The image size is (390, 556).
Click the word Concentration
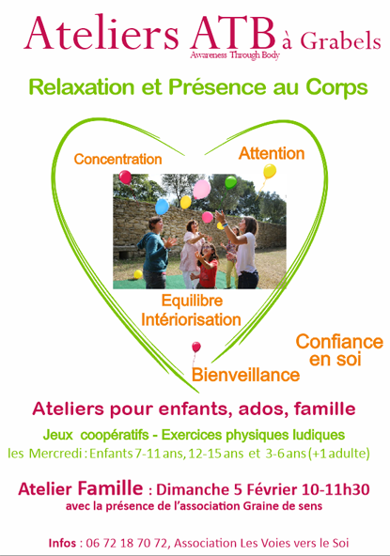coord(117,160)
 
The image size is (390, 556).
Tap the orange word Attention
coord(272,153)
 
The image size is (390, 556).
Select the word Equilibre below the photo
coord(192,301)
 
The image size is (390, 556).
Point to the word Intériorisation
coord(191,319)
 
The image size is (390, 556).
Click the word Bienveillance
coord(245,375)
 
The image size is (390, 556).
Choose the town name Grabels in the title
coord(340,41)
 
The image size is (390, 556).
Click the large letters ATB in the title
coord(233,33)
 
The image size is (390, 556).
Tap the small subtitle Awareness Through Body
coord(235,55)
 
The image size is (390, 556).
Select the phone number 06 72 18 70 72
coord(126,543)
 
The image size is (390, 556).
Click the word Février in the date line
coord(272,489)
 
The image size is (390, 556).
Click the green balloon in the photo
coord(230,182)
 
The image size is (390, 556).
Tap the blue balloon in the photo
coord(162,207)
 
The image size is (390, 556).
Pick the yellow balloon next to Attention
coord(270,171)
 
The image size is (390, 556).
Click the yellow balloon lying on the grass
coord(138,274)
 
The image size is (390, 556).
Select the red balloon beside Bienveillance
coord(196,347)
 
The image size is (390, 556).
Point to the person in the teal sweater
coord(155,253)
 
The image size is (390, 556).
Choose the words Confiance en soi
coord(339,350)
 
